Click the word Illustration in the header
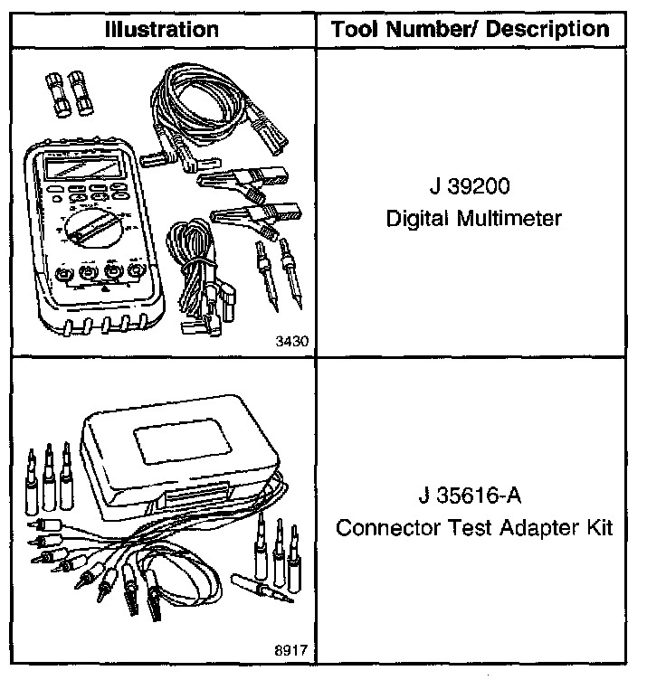[x=162, y=29]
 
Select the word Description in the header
[x=547, y=29]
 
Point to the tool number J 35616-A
[x=470, y=496]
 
